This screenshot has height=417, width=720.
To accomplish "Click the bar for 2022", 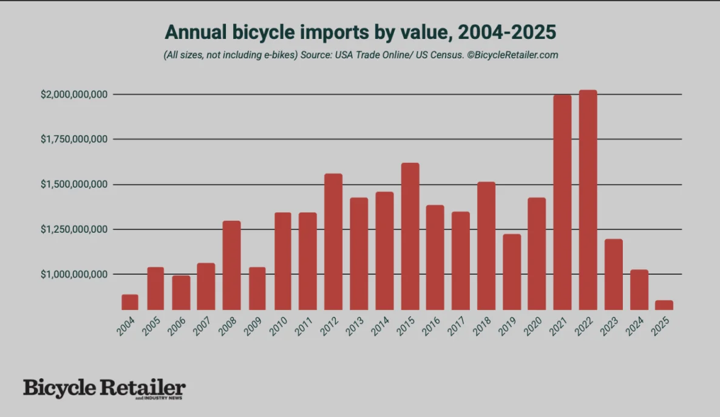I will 588,200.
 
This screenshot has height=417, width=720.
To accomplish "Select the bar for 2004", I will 130,302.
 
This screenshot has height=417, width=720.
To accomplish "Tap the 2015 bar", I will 410,236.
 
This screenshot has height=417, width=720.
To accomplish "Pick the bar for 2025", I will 664,305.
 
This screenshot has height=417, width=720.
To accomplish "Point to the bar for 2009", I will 257,289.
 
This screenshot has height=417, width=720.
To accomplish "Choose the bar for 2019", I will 512,272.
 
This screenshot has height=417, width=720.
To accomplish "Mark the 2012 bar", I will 333,242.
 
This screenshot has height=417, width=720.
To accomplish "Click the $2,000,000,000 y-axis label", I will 75,94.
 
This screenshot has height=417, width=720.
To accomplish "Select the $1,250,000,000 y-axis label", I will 75,229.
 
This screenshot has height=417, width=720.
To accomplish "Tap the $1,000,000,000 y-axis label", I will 75,274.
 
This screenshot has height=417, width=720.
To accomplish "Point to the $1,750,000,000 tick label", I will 75,139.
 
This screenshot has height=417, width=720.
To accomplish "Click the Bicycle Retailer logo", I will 104,388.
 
